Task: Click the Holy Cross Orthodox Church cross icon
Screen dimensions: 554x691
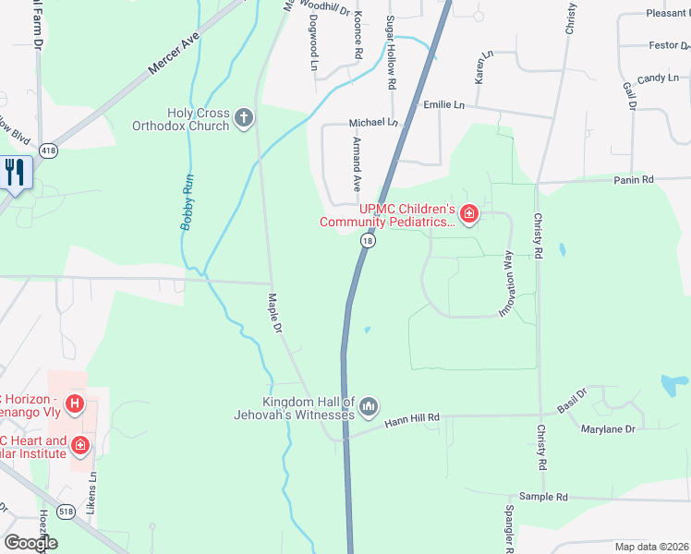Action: pos(244,117)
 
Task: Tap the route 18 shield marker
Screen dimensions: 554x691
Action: pos(369,240)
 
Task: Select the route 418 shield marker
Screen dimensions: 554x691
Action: pos(49,150)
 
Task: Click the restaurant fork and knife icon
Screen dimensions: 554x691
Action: pos(15,172)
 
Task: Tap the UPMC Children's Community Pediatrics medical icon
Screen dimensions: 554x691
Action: pos(469,214)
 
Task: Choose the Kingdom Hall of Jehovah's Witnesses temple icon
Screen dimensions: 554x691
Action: pos(369,406)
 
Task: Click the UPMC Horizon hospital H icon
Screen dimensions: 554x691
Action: pos(76,403)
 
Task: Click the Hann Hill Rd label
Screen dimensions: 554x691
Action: pos(412,422)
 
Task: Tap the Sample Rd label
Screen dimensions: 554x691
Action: pos(544,497)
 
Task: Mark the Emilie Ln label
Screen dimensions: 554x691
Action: pos(443,105)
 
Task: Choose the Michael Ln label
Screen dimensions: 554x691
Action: pos(372,123)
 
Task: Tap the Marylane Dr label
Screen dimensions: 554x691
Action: pos(608,429)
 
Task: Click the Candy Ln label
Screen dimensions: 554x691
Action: pos(658,78)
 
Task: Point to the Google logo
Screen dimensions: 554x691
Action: pos(30,543)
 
